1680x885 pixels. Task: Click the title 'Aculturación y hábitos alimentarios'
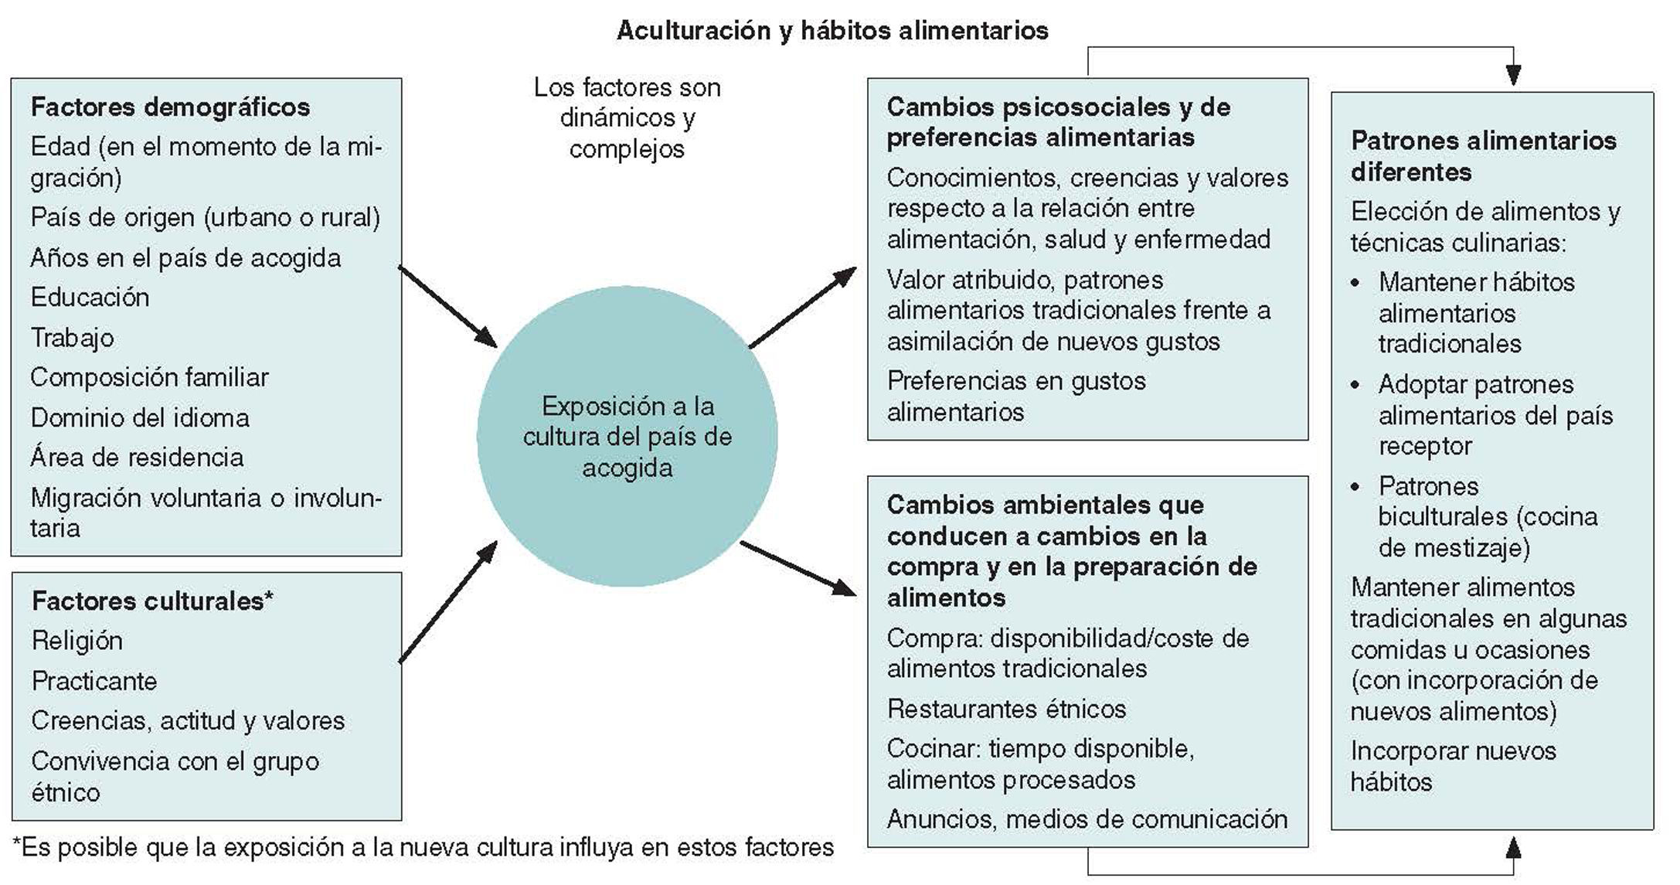832,31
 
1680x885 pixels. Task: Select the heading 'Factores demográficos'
170,107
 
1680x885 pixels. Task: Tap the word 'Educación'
90,298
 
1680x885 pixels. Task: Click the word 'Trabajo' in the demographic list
73,338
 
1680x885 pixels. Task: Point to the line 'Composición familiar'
149,377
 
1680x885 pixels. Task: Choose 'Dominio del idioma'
140,418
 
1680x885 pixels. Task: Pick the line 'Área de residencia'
137,458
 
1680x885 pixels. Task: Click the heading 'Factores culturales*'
152,601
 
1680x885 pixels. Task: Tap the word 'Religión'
77,641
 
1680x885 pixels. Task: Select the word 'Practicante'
94,681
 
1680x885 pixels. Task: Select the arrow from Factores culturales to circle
447,602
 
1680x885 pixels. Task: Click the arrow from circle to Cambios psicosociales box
802,307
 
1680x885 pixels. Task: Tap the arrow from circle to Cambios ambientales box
797,568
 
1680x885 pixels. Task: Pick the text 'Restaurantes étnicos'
1006,709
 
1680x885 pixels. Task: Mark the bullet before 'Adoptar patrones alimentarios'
1355,385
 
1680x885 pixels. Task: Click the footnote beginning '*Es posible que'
423,848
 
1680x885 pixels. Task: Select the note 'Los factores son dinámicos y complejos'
627,117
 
